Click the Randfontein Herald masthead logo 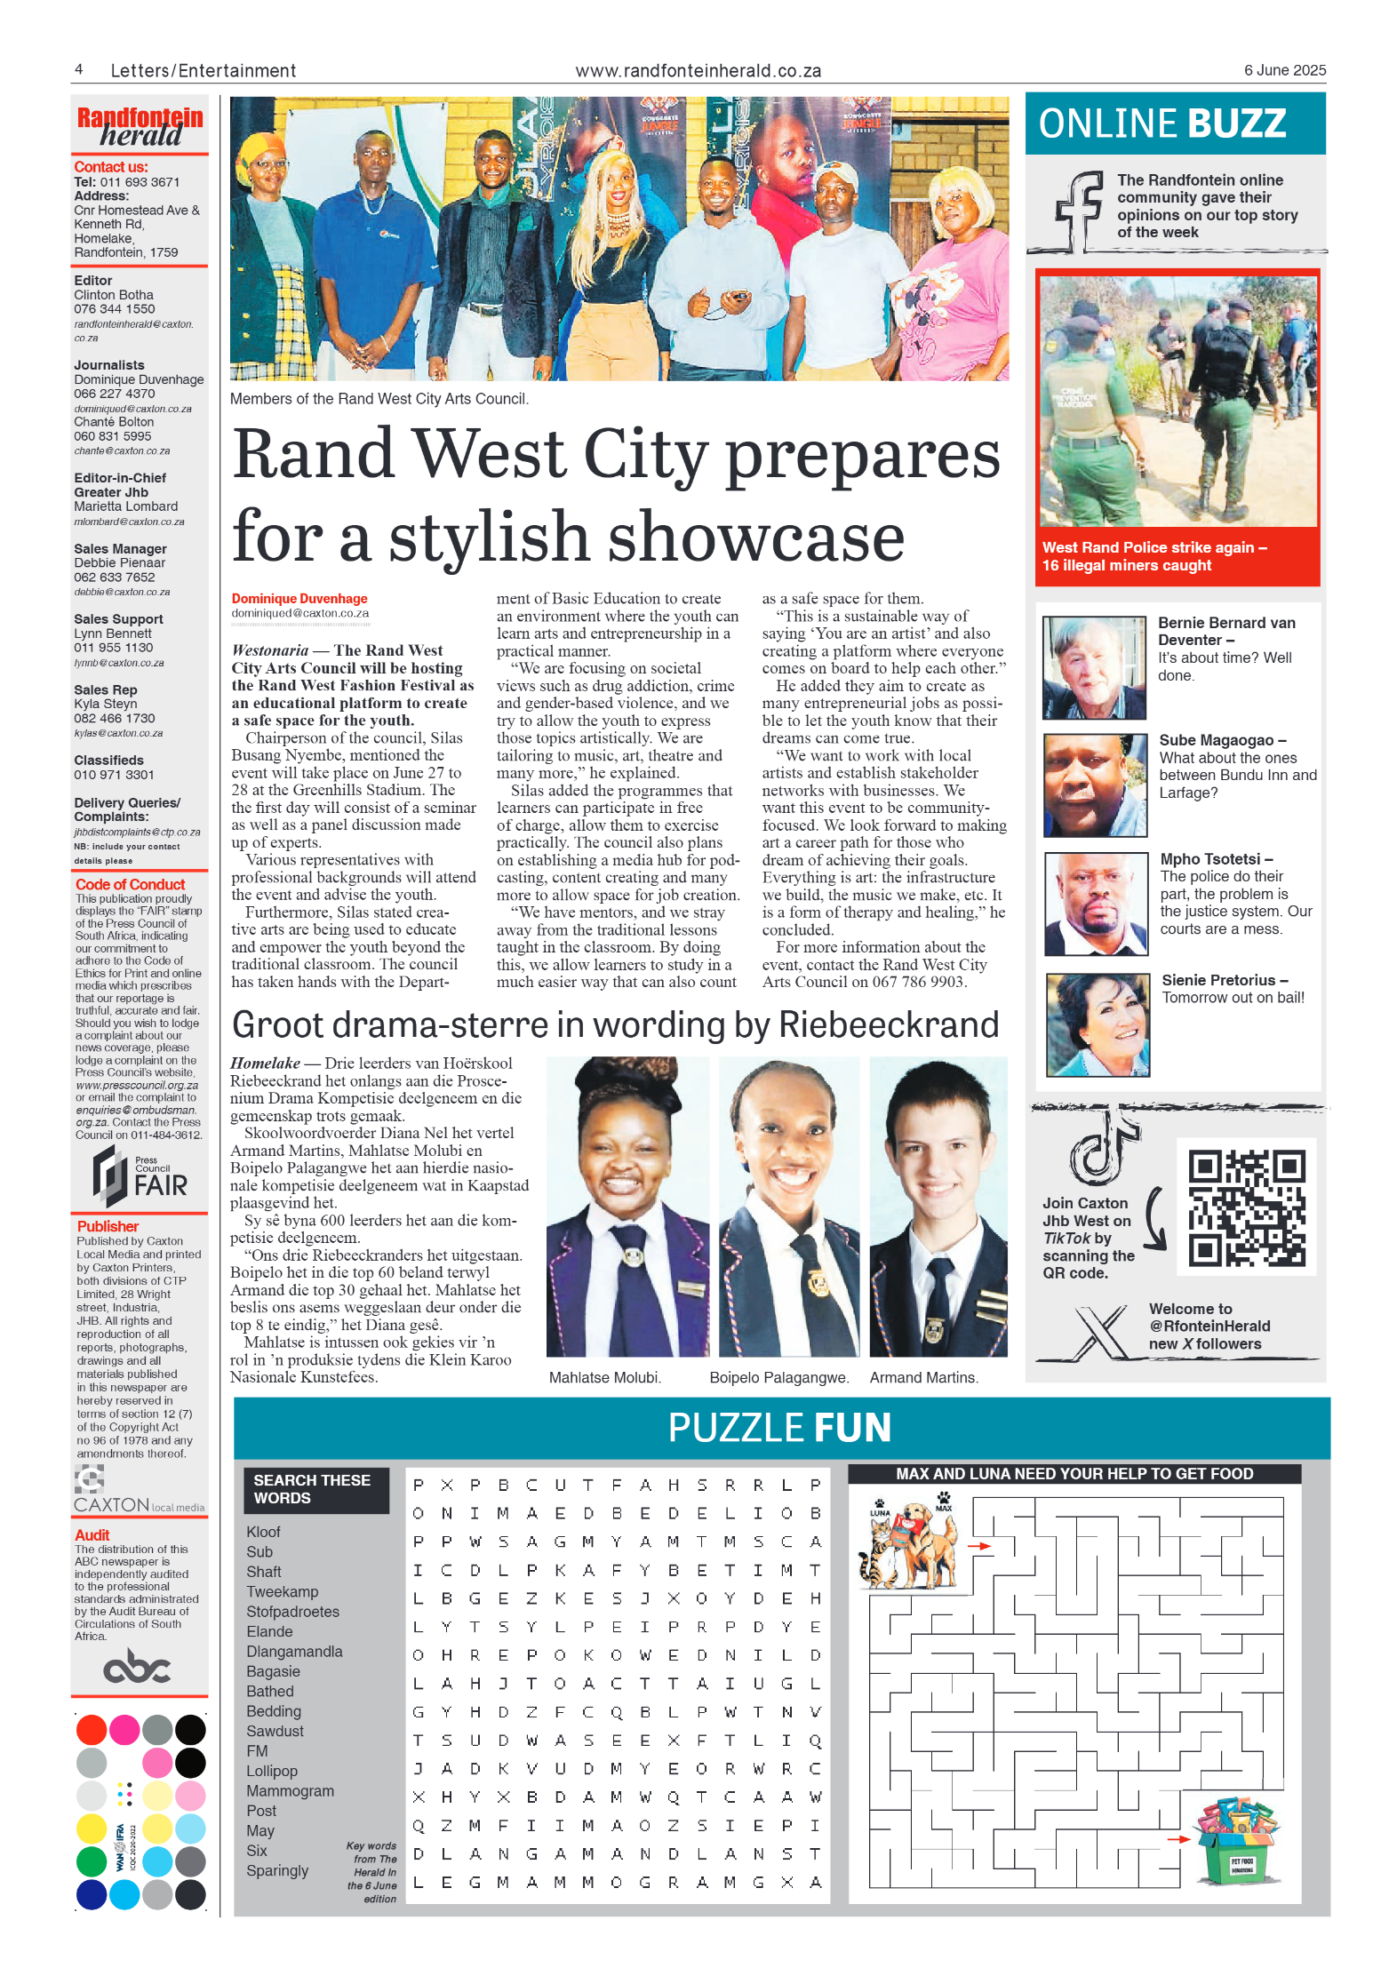[140, 127]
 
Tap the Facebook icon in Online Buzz [1078, 211]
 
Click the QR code [1246, 1207]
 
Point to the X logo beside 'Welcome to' [1098, 1331]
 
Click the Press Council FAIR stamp [140, 1175]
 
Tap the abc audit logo [137, 1668]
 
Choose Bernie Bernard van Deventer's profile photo [1094, 667]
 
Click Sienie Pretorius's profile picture [1098, 1024]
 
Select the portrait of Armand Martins [938, 1207]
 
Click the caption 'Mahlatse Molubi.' [604, 1378]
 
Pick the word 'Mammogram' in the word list [290, 1791]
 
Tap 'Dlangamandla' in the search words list [294, 1652]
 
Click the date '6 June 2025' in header [1284, 70]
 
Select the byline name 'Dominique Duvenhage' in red [299, 599]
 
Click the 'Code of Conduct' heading [130, 884]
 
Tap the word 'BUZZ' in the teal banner [1236, 123]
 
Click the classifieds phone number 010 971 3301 [114, 775]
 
